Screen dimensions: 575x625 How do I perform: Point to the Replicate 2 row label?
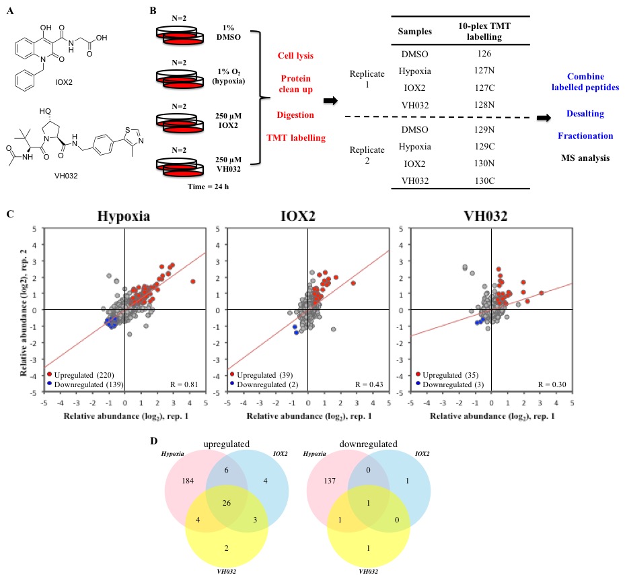371,149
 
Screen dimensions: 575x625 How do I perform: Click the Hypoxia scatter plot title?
123,219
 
